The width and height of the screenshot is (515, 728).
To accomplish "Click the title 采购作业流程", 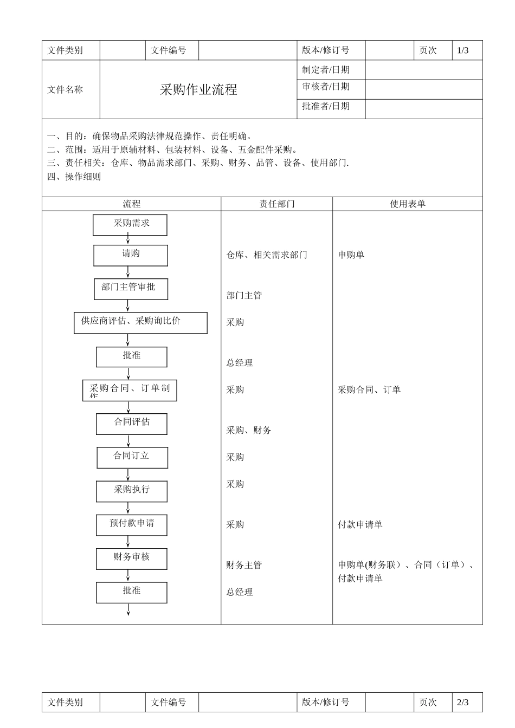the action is click(x=198, y=90).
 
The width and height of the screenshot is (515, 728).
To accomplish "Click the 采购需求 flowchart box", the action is click(x=130, y=225).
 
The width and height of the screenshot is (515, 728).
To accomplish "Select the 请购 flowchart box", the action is click(x=131, y=255).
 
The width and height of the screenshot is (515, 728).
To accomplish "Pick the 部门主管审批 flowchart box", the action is click(x=131, y=289).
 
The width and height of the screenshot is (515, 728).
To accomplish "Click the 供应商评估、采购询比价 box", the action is click(x=140, y=323).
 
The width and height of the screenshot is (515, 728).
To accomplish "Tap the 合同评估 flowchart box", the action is click(x=132, y=424).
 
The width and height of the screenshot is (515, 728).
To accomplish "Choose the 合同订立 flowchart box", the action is click(x=132, y=457).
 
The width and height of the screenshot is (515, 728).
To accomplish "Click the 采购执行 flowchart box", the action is click(x=132, y=491).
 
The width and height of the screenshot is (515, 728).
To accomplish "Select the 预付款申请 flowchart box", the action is click(x=132, y=524).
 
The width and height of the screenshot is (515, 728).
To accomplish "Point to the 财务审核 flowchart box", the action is click(x=132, y=558).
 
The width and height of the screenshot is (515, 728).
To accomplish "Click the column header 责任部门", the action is click(x=276, y=204).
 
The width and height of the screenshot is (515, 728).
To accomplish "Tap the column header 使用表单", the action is click(x=408, y=204).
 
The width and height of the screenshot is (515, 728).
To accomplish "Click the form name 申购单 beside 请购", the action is click(x=351, y=255).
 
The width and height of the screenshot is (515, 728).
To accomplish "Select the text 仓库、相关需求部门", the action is click(x=267, y=255).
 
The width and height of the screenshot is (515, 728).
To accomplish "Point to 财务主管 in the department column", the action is click(x=244, y=565).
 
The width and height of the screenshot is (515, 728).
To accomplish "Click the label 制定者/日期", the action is click(x=326, y=70).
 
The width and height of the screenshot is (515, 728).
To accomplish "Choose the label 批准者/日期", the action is click(x=326, y=106).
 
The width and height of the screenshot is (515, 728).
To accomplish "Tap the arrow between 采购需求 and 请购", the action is click(x=128, y=240).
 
